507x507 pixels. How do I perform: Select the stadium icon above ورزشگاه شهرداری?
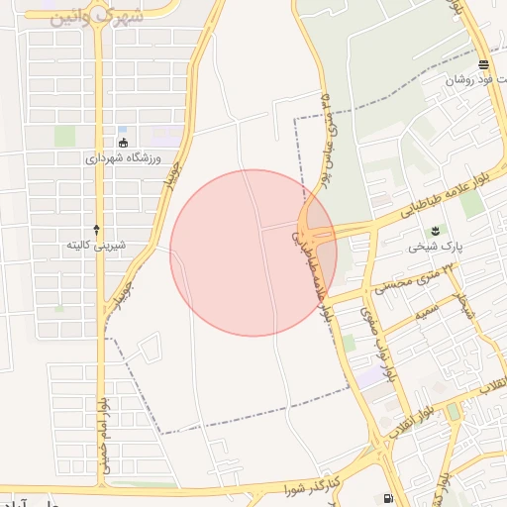(x=122, y=143)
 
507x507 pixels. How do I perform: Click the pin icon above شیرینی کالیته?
(x=96, y=229)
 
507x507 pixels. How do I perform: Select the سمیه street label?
(x=428, y=312)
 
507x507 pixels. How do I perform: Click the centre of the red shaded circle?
(x=253, y=253)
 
